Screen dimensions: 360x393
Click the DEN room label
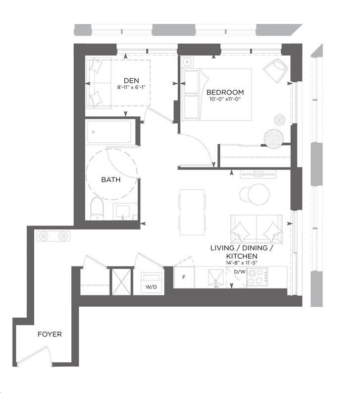131,80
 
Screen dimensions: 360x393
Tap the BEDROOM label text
225,92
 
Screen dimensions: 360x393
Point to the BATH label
111,179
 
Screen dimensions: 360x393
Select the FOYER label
50,334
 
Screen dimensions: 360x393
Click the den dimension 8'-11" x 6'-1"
131,87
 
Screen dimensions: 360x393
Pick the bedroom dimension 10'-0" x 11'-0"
225,99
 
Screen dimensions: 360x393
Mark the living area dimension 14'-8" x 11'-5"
242,263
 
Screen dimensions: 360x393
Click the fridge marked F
184,277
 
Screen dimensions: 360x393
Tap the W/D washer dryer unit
151,282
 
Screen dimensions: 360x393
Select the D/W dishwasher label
240,272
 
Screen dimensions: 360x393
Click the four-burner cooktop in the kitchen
257,277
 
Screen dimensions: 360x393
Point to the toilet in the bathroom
97,209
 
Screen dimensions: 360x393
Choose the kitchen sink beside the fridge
216,278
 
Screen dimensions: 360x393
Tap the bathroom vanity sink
122,212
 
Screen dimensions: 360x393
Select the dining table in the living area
192,212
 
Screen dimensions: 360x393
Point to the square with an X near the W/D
121,282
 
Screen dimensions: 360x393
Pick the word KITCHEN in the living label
242,256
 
